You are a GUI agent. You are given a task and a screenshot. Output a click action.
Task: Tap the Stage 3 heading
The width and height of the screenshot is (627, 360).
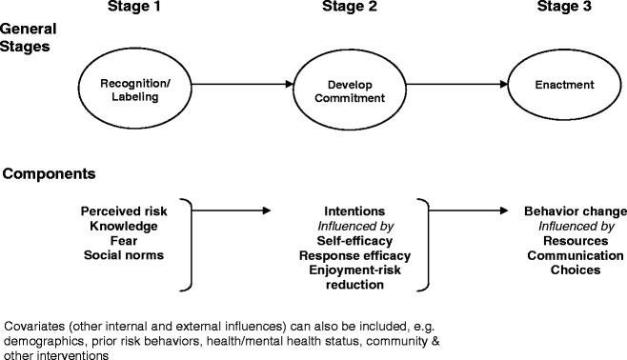tap(564, 10)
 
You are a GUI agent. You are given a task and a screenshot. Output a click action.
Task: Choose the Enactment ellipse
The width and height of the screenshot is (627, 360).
tap(564, 85)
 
